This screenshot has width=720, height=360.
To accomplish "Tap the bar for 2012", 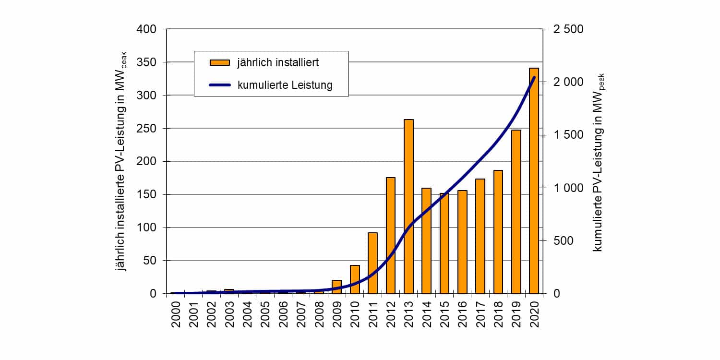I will point(391,235).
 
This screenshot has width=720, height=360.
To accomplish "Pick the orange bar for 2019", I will point(516,212).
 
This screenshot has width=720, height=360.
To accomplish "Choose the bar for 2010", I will point(355,279).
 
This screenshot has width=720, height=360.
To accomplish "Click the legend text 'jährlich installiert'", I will point(278,62).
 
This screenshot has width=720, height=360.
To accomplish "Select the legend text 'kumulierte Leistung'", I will point(285,85).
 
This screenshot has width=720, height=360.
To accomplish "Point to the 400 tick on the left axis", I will point(147,29).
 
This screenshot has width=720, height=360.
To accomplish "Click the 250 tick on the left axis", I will point(147,129).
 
